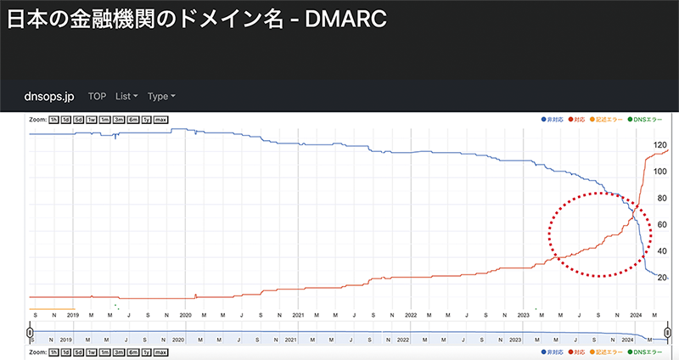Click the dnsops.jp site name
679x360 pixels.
coord(48,96)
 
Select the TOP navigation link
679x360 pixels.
coord(98,96)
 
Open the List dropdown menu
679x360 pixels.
coord(126,96)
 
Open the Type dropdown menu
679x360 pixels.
coord(161,96)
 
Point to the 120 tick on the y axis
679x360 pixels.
coord(659,146)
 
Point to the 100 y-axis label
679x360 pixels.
coord(659,172)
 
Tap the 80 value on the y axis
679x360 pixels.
coord(660,199)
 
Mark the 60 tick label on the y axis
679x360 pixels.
coord(660,225)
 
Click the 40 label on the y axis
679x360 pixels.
coord(660,251)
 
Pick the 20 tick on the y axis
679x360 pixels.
coord(660,278)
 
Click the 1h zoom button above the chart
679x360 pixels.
coord(54,119)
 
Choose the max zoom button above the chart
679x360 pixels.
coord(160,119)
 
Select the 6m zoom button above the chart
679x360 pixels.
coord(132,119)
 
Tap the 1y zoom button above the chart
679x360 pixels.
coord(146,119)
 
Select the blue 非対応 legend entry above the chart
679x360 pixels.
coord(552,119)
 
